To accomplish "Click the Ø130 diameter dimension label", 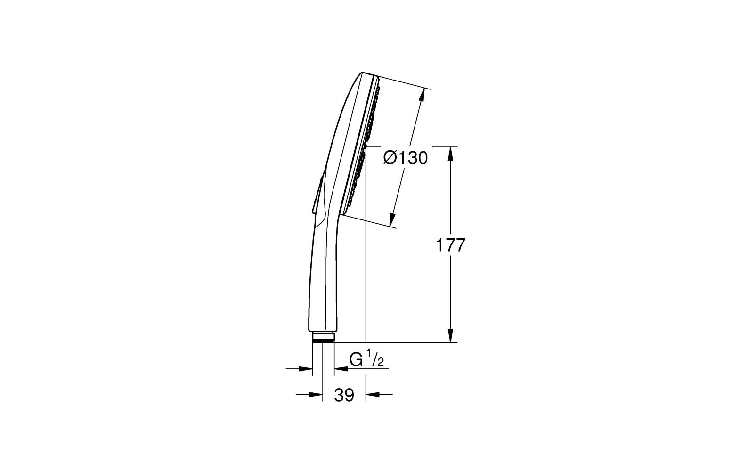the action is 406,158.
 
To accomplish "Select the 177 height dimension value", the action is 450,245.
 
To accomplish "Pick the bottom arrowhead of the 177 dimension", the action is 450,335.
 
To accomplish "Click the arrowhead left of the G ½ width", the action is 306,369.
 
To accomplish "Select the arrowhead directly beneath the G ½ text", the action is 341,369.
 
